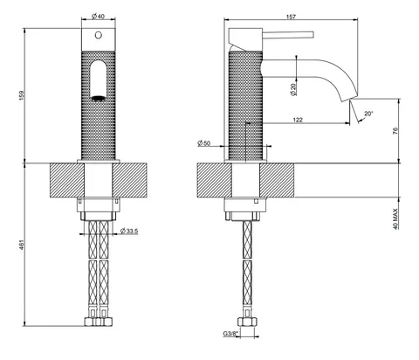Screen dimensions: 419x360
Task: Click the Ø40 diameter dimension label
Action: click(x=98, y=17)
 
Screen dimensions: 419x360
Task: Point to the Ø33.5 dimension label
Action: click(x=129, y=232)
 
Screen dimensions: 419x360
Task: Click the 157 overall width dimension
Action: click(x=291, y=17)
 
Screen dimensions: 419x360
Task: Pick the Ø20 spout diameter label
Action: click(x=293, y=90)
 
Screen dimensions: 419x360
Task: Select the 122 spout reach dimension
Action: click(x=298, y=120)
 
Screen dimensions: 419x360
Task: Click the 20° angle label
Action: click(x=368, y=114)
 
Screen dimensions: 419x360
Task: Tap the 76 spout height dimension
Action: click(x=395, y=131)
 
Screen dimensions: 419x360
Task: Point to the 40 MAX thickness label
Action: click(x=395, y=218)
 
